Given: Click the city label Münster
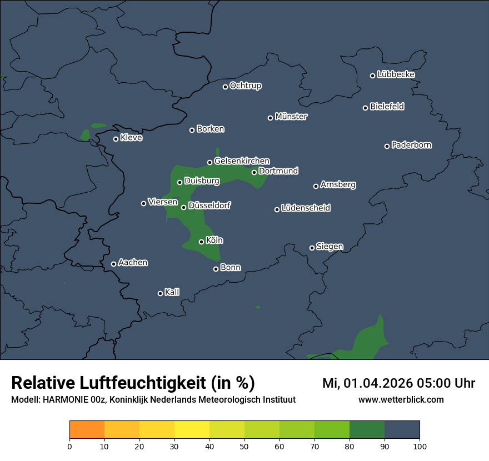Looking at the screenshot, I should [x=291, y=117].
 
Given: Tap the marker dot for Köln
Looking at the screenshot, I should [x=201, y=242].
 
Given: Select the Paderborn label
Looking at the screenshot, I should [x=412, y=145].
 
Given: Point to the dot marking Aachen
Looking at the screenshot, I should [x=113, y=264].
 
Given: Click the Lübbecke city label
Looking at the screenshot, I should [x=396, y=74].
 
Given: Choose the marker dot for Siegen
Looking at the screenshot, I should [x=312, y=248].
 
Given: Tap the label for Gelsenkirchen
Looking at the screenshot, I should [x=242, y=161].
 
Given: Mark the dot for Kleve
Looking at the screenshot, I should [x=116, y=139].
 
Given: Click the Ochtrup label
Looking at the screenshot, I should [x=246, y=86].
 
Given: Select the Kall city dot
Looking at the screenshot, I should [x=160, y=293].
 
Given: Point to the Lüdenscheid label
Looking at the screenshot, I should [x=306, y=208].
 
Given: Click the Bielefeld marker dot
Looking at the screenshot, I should [x=365, y=108].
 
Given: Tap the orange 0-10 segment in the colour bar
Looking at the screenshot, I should [x=87, y=430].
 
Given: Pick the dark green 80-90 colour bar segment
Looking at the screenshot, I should [x=367, y=430].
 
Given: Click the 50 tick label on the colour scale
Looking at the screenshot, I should [x=244, y=446].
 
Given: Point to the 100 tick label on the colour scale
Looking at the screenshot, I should [x=420, y=446].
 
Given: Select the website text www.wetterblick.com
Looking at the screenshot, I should [x=401, y=399].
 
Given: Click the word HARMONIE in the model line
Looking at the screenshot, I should [x=62, y=400].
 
